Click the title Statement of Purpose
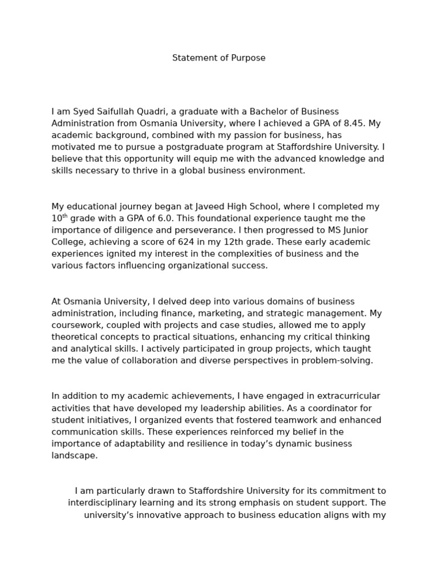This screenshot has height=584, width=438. pos(218,58)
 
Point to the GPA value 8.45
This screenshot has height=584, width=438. pos(353,123)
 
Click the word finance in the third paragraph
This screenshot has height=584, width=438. pos(233,313)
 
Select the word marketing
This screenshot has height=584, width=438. pos(278,313)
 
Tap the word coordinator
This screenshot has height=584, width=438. pos(332,408)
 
